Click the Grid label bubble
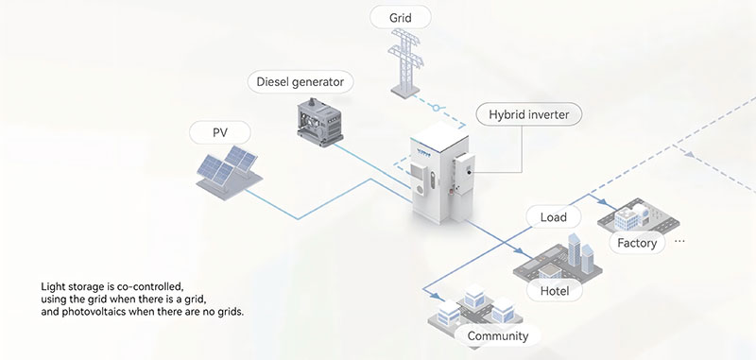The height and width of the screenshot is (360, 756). [400, 18]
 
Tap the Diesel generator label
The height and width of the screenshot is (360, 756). [301, 82]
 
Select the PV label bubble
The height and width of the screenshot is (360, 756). [220, 132]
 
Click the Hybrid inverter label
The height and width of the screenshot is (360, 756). [529, 114]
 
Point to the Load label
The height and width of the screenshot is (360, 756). [554, 217]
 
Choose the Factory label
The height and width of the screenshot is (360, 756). [637, 243]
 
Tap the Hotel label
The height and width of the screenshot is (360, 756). [555, 291]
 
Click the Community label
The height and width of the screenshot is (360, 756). [498, 335]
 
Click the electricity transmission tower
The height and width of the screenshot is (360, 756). [406, 62]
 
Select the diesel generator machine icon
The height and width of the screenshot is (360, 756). [319, 123]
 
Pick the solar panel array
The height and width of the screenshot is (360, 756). [229, 172]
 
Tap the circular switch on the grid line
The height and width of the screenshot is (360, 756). [437, 109]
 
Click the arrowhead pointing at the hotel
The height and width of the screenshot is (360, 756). [519, 251]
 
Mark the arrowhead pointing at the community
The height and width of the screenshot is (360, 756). [434, 296]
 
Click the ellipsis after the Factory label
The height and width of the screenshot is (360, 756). [679, 240]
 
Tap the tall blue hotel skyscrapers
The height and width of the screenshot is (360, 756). [579, 253]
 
